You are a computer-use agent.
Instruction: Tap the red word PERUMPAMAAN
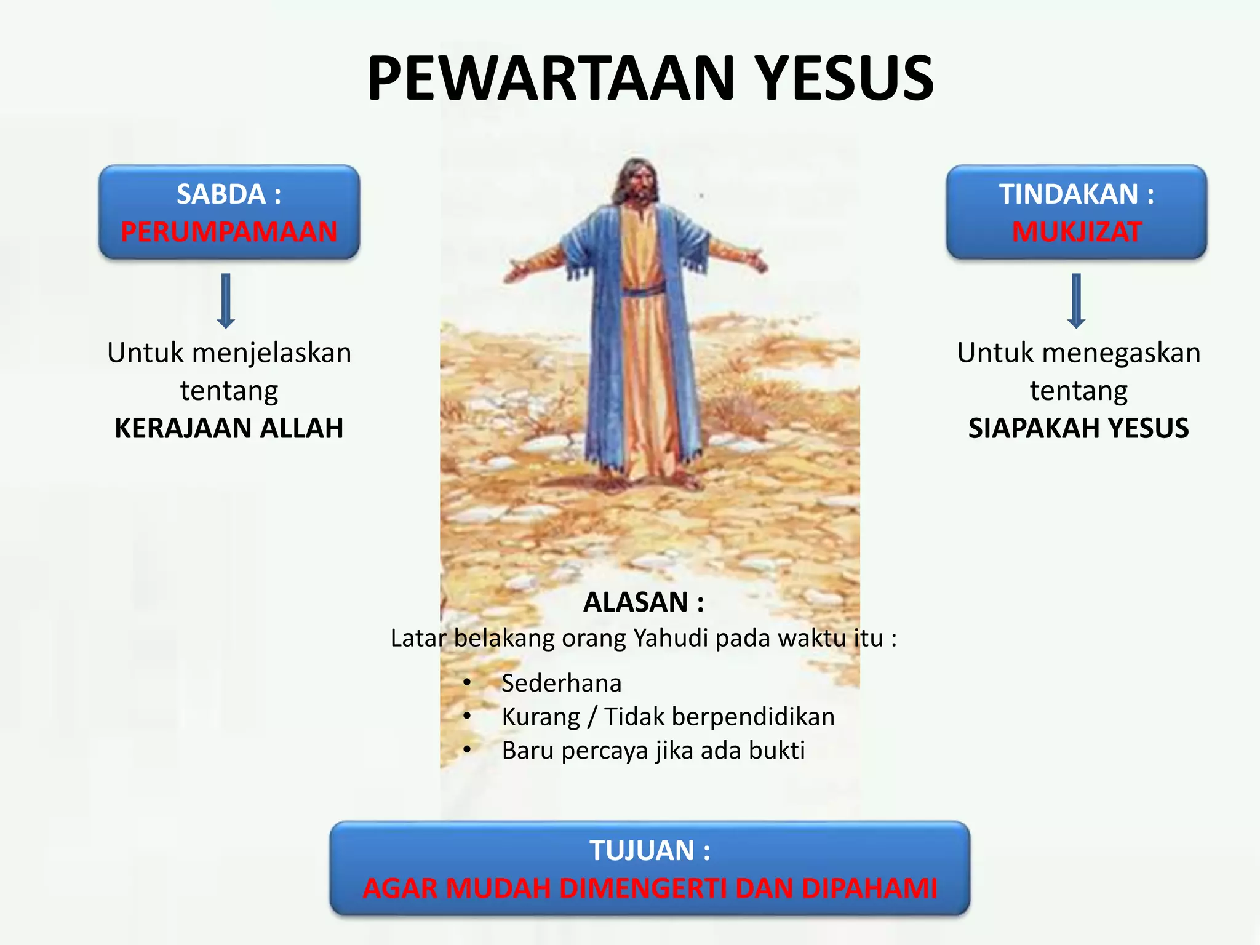click(x=229, y=232)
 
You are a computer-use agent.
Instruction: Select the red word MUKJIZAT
click(x=1077, y=232)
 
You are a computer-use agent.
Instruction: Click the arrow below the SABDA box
click(x=226, y=300)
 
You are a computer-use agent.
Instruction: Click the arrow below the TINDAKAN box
click(x=1076, y=300)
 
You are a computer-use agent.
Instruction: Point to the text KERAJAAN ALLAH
click(x=229, y=428)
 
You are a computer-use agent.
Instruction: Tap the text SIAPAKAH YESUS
click(x=1078, y=428)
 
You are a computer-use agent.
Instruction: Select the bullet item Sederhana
click(x=561, y=683)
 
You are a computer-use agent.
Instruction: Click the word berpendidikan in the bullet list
click(x=753, y=717)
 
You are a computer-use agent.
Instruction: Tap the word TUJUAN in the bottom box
click(x=642, y=851)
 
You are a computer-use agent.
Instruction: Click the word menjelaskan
click(x=271, y=353)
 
